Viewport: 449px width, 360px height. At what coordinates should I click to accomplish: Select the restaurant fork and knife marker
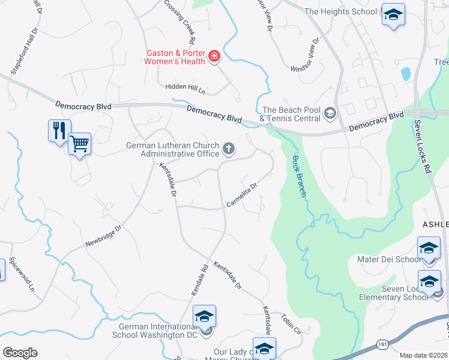(59, 130)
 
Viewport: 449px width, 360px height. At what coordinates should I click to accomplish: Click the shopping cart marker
(79, 143)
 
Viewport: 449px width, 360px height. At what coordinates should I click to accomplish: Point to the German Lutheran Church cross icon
(228, 148)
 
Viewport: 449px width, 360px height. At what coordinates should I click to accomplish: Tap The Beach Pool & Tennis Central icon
(330, 112)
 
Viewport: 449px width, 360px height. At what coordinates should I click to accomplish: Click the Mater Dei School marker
(429, 248)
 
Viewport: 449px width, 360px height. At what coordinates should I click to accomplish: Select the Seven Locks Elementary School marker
(430, 282)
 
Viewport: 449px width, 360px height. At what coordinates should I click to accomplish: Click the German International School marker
(204, 316)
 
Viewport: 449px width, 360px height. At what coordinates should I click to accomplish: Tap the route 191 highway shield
(382, 344)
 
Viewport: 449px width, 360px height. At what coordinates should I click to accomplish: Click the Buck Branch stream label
(299, 176)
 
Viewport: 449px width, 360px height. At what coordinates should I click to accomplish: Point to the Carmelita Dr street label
(242, 196)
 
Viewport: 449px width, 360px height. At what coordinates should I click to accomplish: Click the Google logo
(20, 353)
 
